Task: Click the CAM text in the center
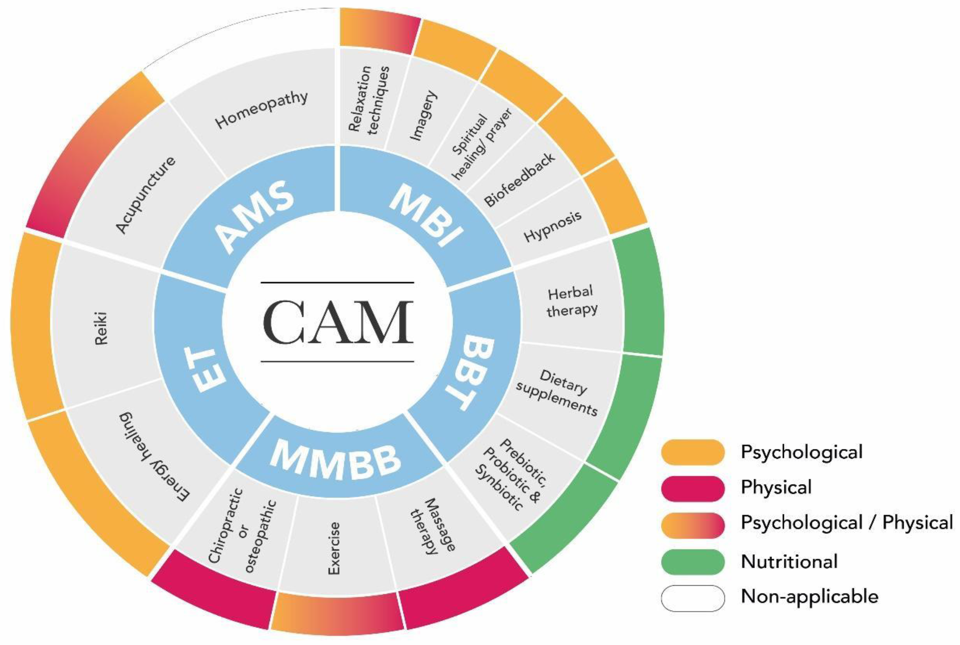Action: click(338, 322)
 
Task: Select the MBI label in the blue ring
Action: click(426, 216)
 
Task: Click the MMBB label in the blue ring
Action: click(336, 460)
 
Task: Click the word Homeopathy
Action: click(261, 109)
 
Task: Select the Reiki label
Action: click(101, 328)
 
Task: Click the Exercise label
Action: click(333, 548)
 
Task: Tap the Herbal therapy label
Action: click(572, 302)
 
